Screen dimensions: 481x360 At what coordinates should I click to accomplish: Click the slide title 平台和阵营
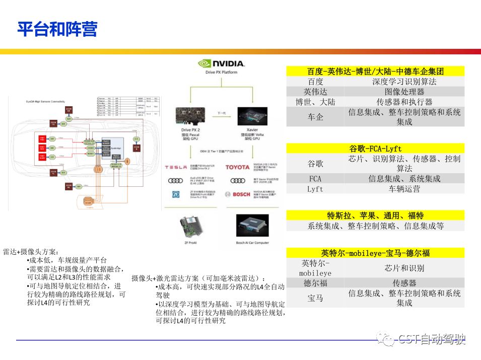(x=57, y=29)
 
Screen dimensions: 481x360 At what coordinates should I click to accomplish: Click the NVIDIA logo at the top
(x=221, y=64)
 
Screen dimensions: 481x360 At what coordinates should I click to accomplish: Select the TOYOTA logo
(x=237, y=167)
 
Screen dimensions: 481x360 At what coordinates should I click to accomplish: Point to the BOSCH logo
(x=237, y=194)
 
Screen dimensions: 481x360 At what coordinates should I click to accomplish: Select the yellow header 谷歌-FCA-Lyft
(x=375, y=149)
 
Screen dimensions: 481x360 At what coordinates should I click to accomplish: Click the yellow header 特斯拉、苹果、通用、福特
(x=375, y=215)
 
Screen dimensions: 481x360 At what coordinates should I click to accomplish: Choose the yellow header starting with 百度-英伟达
(x=375, y=71)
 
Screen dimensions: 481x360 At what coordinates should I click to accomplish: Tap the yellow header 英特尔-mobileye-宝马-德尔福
(x=375, y=253)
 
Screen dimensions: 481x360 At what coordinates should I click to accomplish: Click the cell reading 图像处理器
(x=404, y=92)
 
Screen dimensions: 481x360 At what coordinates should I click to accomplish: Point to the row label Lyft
(x=315, y=189)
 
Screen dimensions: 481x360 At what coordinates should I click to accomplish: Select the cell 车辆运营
(x=404, y=189)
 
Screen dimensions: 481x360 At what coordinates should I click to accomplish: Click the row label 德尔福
(x=315, y=283)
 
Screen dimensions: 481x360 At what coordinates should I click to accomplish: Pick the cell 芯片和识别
(x=404, y=268)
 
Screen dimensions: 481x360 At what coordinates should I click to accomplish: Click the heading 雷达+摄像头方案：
(x=31, y=252)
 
